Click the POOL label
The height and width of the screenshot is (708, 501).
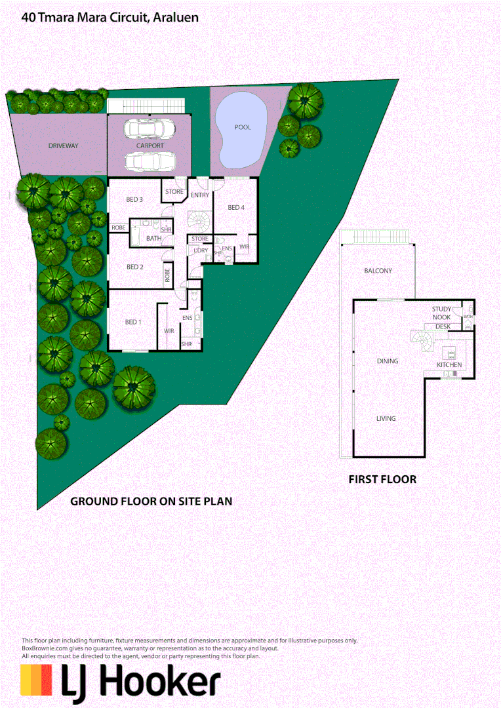[x=243, y=127]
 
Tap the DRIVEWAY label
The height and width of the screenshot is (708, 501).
[x=63, y=146]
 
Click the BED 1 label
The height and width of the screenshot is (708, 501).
[x=133, y=322]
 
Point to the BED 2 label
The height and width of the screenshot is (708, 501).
[x=134, y=267]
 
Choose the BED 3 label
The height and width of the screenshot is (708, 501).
[x=134, y=199]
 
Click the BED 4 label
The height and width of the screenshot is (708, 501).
[x=235, y=208]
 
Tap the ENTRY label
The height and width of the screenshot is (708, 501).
[x=200, y=195]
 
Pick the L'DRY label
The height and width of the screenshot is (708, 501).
[x=199, y=250]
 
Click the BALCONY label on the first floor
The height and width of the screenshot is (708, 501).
[x=378, y=271]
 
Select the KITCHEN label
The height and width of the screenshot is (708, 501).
[x=449, y=364]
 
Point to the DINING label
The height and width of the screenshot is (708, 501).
[x=387, y=361]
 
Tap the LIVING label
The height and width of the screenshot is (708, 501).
[x=386, y=418]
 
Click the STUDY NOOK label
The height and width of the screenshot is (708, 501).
[x=441, y=313]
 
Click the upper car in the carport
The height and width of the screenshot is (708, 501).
[x=149, y=129]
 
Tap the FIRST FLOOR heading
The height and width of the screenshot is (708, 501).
[x=382, y=479]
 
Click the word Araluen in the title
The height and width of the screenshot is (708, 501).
[x=176, y=18]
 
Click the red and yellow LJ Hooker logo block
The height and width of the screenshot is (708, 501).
[x=36, y=680]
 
